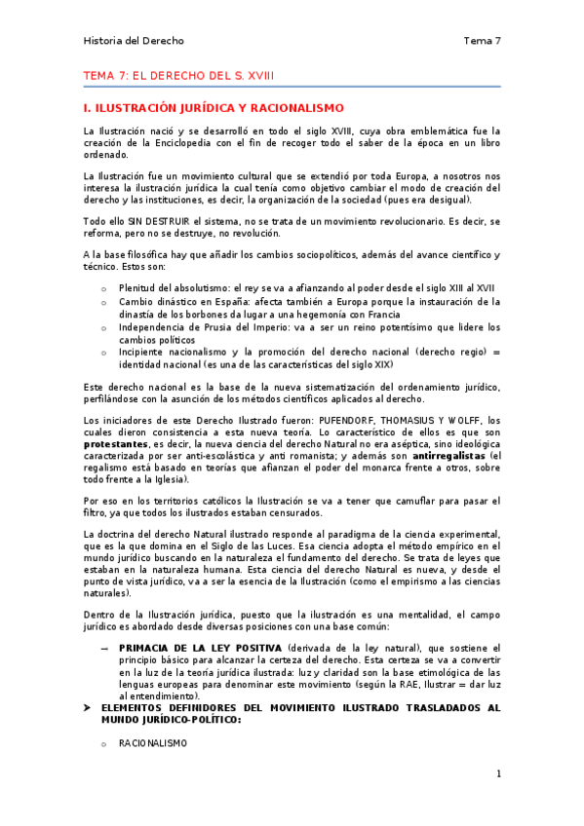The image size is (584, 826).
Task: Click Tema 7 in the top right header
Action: coord(482,41)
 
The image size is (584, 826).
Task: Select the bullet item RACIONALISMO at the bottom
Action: coord(151,742)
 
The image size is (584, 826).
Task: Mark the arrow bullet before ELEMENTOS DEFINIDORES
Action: coord(88,707)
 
